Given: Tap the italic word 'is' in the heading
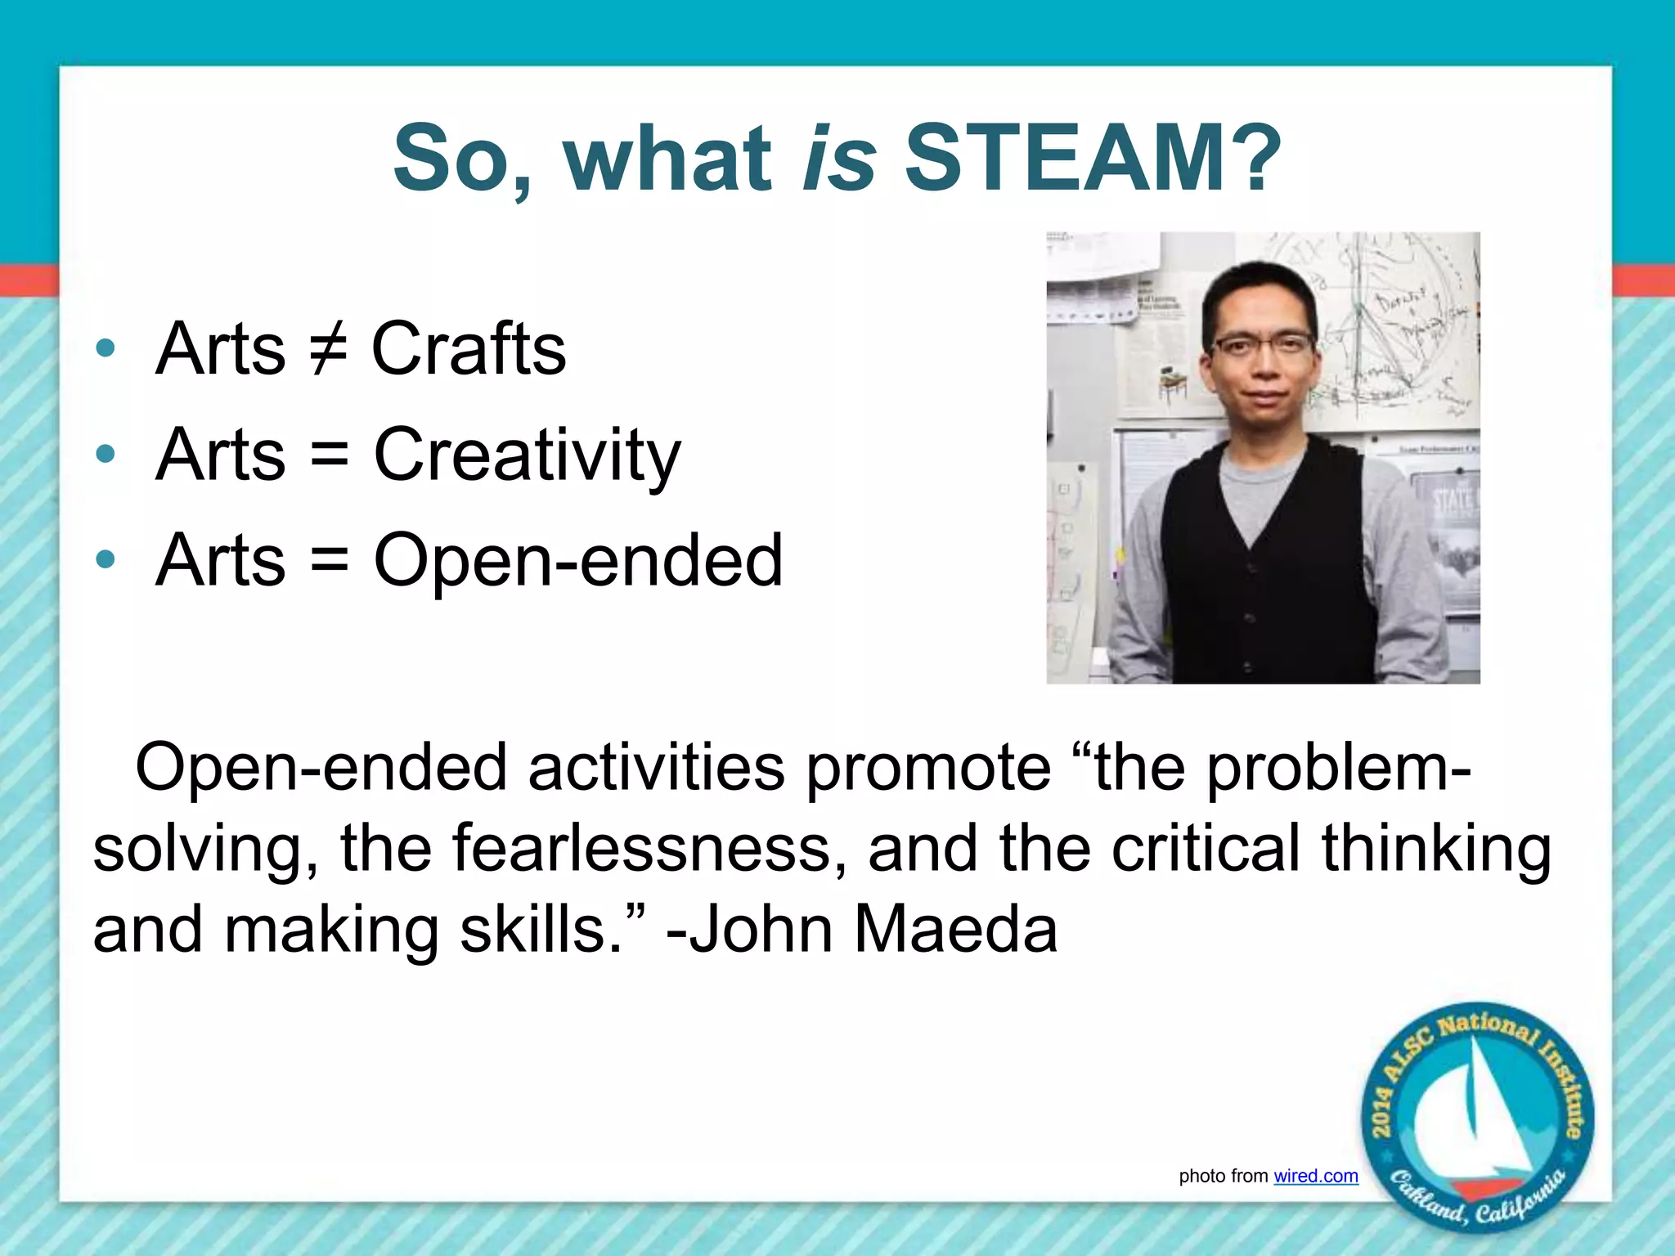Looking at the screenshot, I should (x=839, y=157).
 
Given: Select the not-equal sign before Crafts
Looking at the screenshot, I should (x=329, y=350).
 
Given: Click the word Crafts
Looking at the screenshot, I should (x=469, y=350).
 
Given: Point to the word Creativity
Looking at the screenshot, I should (x=527, y=455).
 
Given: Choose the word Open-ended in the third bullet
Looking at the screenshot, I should (x=578, y=561).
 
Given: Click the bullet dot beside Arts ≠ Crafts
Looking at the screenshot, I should (x=106, y=349).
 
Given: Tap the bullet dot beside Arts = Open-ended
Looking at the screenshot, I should (x=106, y=560).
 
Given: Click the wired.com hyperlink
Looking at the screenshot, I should (x=1315, y=1176).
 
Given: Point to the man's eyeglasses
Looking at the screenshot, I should (x=1263, y=344).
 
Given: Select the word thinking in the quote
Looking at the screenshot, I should (x=1436, y=849).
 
